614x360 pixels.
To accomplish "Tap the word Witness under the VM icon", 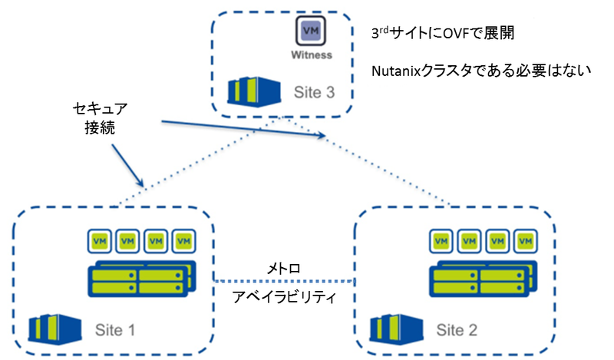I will [312, 55].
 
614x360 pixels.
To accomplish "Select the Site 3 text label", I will [315, 93].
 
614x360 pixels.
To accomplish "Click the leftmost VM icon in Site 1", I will [98, 240].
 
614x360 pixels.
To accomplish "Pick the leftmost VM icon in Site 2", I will [441, 240].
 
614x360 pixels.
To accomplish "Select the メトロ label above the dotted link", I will [283, 269].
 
